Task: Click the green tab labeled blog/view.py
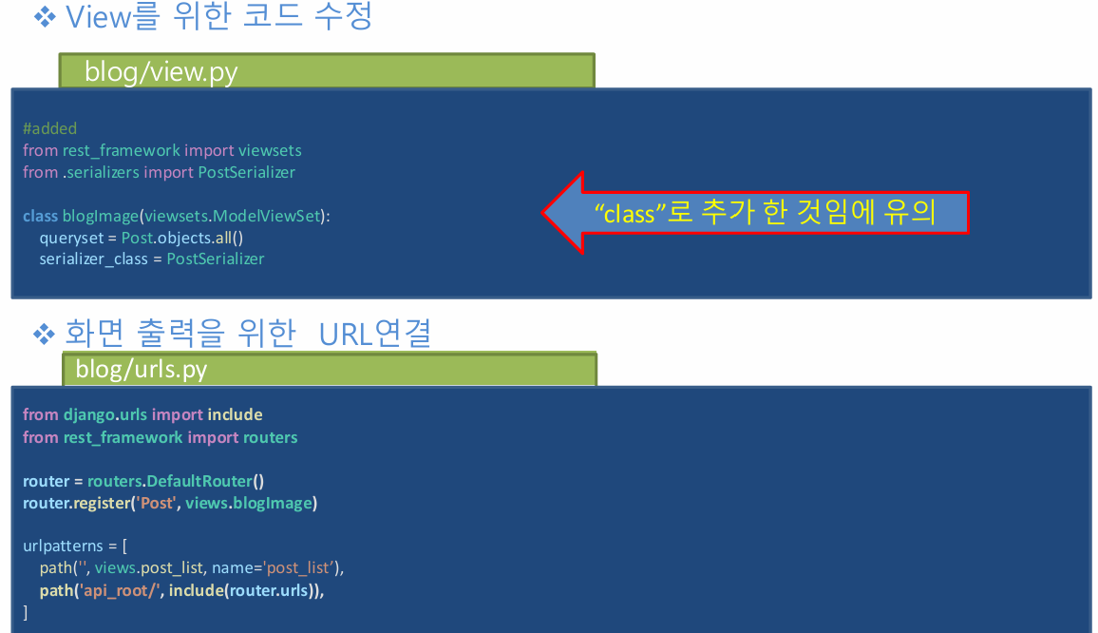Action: pos(327,71)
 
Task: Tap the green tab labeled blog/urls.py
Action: pos(329,369)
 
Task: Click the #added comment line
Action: pos(49,128)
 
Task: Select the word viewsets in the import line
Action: pos(270,150)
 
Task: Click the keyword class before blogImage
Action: pos(40,216)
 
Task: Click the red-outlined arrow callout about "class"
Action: pos(756,213)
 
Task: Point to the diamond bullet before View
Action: pos(45,16)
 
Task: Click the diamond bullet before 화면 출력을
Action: pos(45,333)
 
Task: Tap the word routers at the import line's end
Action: pos(270,437)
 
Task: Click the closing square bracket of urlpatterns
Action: pos(26,612)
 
